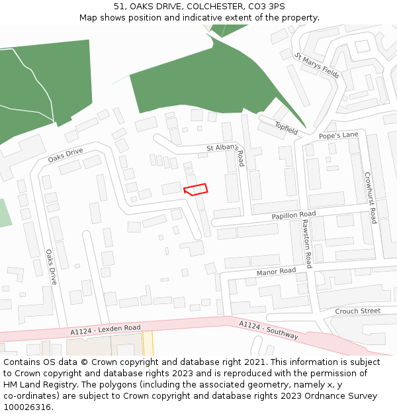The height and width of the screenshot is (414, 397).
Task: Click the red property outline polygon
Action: [196, 189]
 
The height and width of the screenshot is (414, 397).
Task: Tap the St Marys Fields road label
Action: [317, 66]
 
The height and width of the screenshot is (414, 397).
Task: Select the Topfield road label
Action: [287, 129]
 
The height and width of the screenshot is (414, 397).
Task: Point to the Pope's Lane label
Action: [338, 135]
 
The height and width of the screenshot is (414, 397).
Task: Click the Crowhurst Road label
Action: [370, 198]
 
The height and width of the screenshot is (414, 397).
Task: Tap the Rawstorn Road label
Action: [306, 244]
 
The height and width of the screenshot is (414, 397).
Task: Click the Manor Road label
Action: [276, 272]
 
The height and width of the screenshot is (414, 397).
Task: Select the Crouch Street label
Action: [357, 311]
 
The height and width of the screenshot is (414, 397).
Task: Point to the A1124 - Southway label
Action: [268, 330]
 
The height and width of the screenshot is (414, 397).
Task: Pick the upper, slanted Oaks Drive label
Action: [66, 156]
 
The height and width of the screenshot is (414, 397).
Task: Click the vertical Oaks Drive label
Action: [50, 267]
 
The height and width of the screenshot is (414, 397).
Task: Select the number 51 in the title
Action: [119, 6]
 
